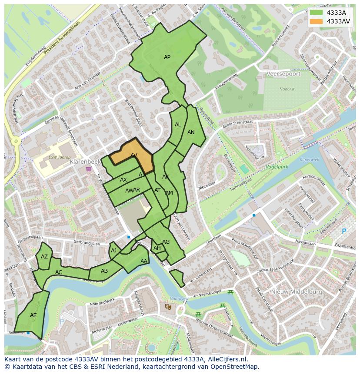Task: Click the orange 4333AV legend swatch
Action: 317,21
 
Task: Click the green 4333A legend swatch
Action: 317,13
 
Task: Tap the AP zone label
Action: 167,57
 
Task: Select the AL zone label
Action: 178,125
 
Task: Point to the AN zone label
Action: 191,132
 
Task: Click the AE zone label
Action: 33,315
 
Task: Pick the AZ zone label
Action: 44,257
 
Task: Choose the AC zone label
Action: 59,272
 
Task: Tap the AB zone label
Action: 104,271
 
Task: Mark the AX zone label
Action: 123,180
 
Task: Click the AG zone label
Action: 166,242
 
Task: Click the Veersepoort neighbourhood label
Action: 283,74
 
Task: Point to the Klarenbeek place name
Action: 85,162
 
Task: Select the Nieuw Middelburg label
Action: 297,292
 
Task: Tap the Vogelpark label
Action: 277,166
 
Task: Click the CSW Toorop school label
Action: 60,157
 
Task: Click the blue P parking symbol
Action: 344,231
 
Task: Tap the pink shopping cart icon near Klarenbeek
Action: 89,169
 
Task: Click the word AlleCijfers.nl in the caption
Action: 226,359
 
